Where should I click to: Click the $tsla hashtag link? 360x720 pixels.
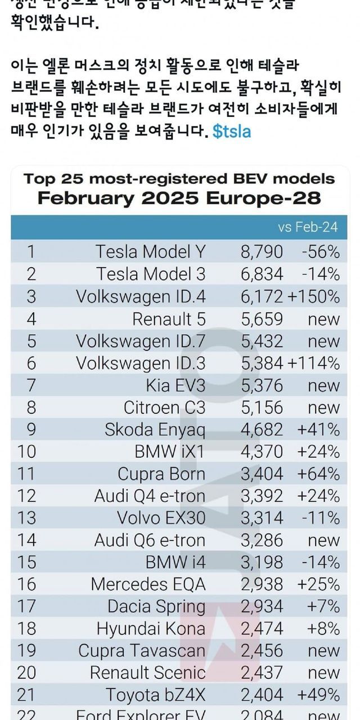click(232, 132)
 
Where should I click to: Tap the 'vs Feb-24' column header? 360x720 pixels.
click(308, 227)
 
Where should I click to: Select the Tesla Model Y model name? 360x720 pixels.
click(150, 251)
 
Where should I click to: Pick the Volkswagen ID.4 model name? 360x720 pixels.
click(141, 296)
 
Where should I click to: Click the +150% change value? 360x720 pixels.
click(314, 296)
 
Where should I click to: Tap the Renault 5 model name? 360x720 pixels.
click(169, 319)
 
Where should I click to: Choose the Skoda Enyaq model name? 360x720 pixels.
click(155, 430)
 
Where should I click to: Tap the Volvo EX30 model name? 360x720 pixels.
click(161, 519)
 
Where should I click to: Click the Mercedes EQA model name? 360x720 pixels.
click(148, 585)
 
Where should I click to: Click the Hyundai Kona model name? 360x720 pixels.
click(151, 629)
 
